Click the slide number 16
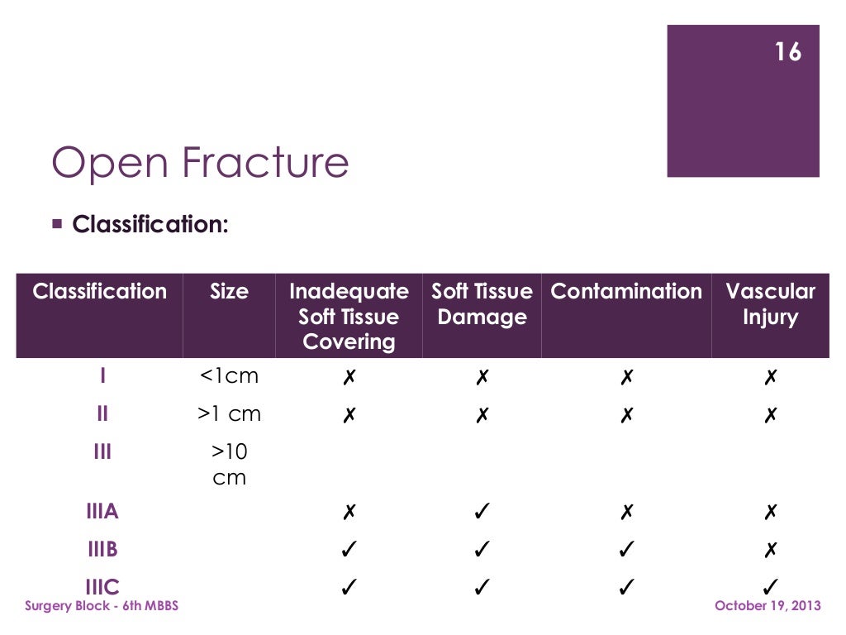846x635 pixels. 788,52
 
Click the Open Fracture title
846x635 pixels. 200,163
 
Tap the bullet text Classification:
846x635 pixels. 150,224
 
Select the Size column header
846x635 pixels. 229,292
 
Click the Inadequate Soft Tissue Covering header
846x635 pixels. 349,317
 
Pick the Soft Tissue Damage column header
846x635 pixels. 482,304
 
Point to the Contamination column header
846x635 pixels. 626,292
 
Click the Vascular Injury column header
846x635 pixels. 770,304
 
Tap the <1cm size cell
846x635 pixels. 229,376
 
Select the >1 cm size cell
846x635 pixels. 229,414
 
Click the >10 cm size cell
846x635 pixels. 229,465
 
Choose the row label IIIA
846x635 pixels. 102,512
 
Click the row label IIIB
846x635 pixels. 102,550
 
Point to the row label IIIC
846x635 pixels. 102,587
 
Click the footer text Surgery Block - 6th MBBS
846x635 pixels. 102,607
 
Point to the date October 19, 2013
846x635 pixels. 768,607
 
